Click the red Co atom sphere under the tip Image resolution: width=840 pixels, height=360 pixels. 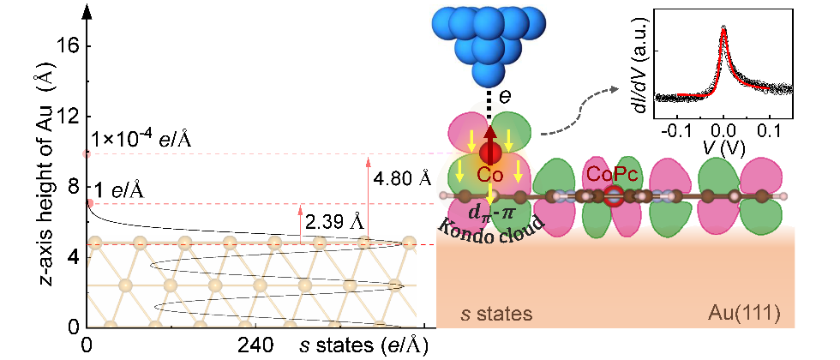coord(489,153)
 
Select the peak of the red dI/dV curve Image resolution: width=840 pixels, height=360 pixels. coord(723,31)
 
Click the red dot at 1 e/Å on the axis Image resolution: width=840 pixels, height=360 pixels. coord(90,203)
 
